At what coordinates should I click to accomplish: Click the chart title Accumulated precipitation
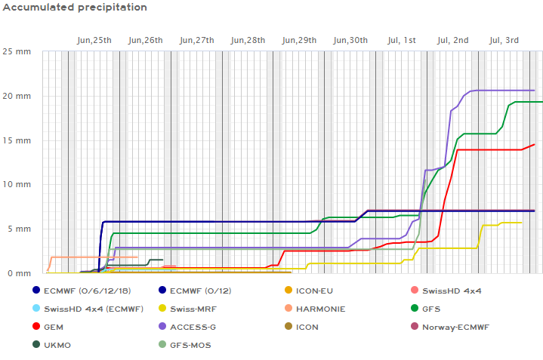point(74,8)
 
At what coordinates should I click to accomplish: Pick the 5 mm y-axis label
point(20,229)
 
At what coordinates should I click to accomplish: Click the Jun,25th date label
point(94,40)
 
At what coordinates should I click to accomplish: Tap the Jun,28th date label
point(248,40)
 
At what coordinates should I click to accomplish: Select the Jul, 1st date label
point(400,40)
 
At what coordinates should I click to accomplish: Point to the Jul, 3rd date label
point(504,40)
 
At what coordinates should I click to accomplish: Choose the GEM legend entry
point(54,327)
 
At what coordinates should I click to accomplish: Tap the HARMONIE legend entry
point(320,309)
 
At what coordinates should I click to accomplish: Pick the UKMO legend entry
point(57,345)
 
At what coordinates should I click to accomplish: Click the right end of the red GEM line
point(534,144)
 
